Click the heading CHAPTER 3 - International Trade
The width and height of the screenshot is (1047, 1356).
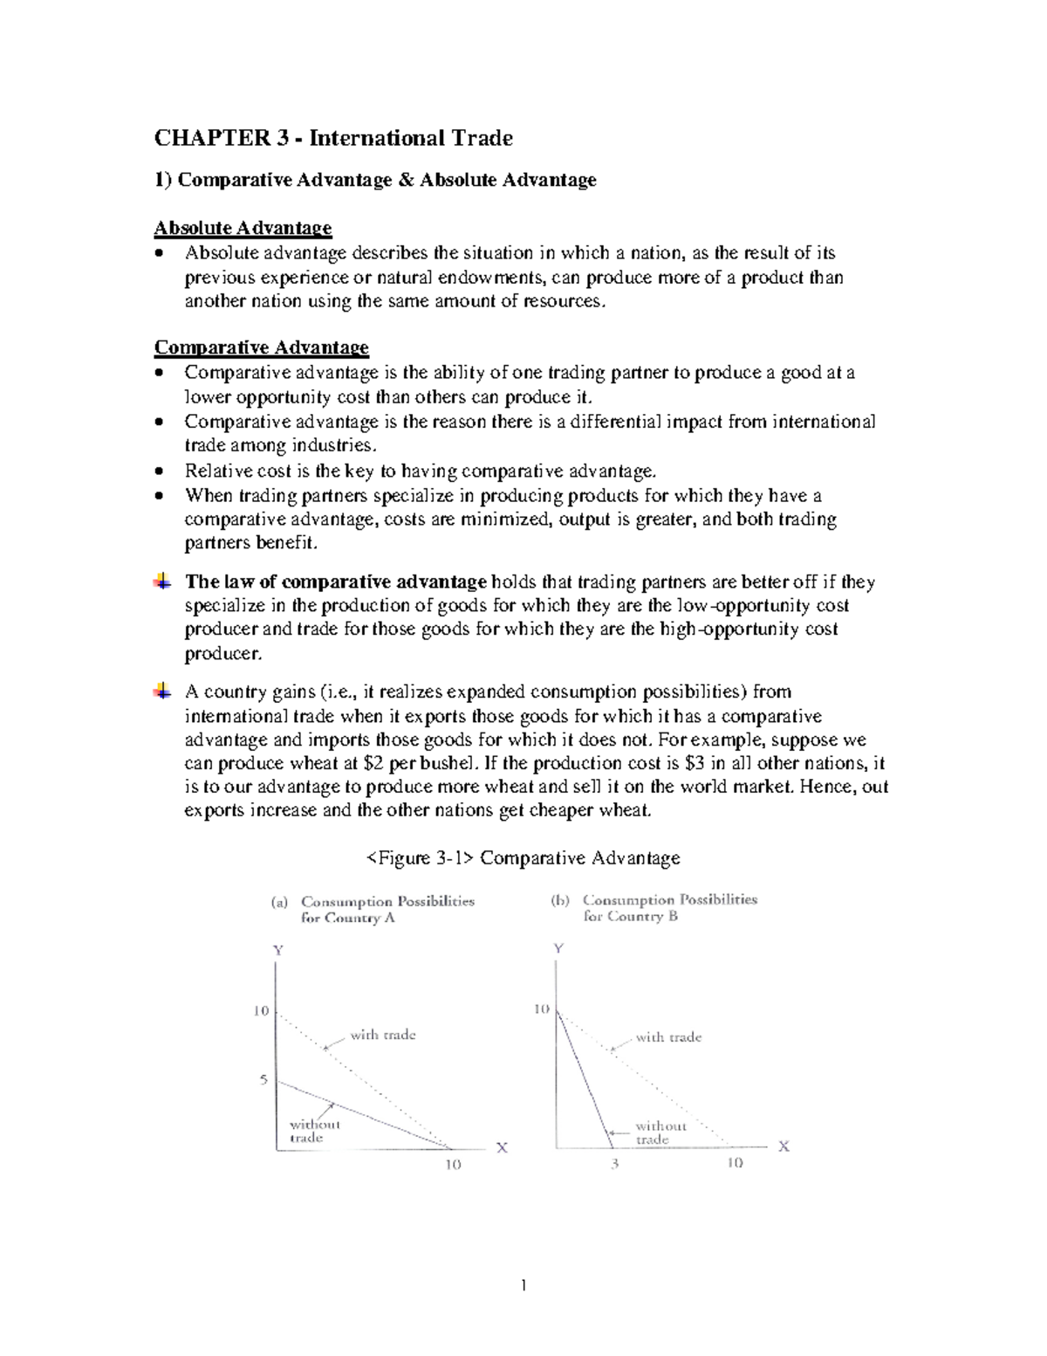click(333, 138)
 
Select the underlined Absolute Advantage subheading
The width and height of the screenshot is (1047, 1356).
click(243, 228)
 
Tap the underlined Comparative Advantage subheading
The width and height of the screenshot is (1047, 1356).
click(261, 348)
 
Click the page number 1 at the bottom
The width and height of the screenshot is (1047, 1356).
click(523, 1284)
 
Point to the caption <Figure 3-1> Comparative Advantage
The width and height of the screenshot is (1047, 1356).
click(523, 858)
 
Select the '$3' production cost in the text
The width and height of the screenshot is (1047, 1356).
click(695, 763)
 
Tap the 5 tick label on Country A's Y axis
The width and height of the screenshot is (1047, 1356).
click(263, 1080)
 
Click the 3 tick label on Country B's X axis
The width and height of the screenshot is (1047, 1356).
click(614, 1163)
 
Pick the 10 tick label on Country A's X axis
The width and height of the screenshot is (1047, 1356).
click(453, 1165)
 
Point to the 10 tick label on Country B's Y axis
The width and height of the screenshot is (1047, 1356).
click(541, 1009)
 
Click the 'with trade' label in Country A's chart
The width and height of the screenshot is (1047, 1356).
click(383, 1035)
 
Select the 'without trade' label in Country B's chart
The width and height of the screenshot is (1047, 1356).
click(660, 1132)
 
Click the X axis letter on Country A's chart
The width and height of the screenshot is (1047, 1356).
click(502, 1148)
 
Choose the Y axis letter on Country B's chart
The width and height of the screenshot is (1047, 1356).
click(558, 948)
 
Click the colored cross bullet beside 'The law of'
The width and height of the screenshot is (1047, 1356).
click(162, 582)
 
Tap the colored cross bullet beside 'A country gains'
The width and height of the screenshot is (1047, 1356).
click(162, 692)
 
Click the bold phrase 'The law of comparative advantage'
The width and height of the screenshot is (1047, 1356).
click(336, 582)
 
